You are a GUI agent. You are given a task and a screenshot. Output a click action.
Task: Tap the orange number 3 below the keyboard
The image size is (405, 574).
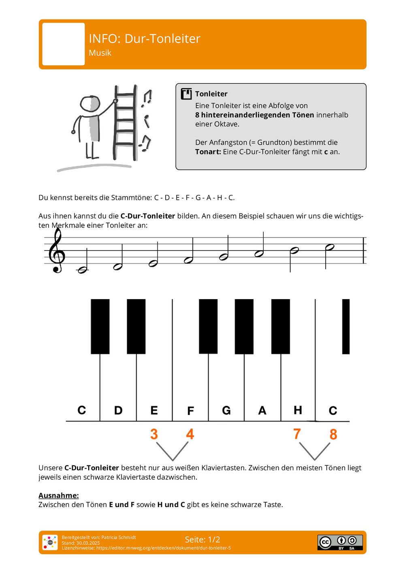coord(154,434)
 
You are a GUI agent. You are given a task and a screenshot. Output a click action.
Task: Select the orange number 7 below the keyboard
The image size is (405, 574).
coord(297,434)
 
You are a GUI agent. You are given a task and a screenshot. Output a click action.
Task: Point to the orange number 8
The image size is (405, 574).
coord(333,435)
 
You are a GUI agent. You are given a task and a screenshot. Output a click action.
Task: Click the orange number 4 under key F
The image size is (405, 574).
coord(190,434)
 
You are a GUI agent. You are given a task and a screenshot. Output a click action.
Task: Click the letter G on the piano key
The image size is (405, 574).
coord(226,411)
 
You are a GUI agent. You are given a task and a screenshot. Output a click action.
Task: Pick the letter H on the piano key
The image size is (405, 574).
coord(298,410)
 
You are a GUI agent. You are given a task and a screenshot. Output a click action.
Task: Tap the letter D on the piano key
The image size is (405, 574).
coord(118,411)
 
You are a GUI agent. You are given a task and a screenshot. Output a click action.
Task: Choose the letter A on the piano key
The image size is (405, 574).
coord(262,411)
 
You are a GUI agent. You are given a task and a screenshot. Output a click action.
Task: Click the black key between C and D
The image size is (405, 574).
coord(100,326)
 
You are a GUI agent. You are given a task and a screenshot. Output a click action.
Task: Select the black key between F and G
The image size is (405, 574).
coord(208,326)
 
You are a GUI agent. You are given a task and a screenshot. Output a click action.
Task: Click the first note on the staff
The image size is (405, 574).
coord(83,270)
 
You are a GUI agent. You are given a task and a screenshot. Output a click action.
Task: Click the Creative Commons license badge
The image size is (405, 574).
coord(340,542)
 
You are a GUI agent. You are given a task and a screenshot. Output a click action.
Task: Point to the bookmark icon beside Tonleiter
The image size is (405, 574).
coord(186,94)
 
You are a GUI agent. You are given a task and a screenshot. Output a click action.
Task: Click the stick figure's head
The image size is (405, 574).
coord(90,104)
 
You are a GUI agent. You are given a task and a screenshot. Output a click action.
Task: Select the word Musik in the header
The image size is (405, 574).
coord(100,53)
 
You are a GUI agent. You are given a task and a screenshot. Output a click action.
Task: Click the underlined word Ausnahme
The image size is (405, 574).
coord(58,495)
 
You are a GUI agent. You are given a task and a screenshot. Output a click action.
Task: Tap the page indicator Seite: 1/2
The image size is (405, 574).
coord(202,540)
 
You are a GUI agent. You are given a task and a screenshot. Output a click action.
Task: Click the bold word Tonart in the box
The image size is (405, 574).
coord(208,152)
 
